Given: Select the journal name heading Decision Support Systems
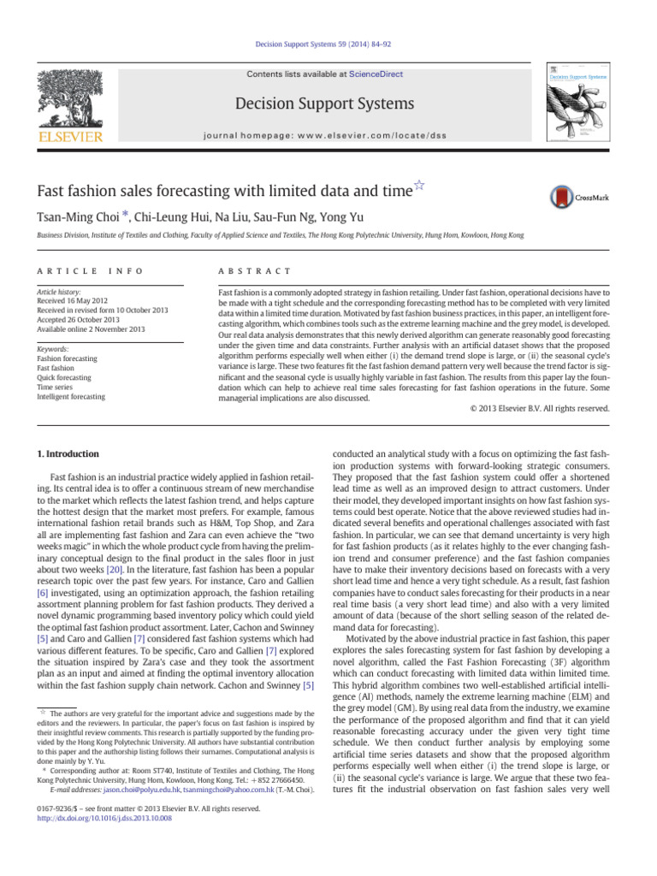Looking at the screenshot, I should point(328,104).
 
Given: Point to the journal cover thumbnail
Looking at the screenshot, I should point(579,103).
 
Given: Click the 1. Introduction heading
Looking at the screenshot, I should point(69,453).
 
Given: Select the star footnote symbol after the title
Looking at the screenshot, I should point(419,185).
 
